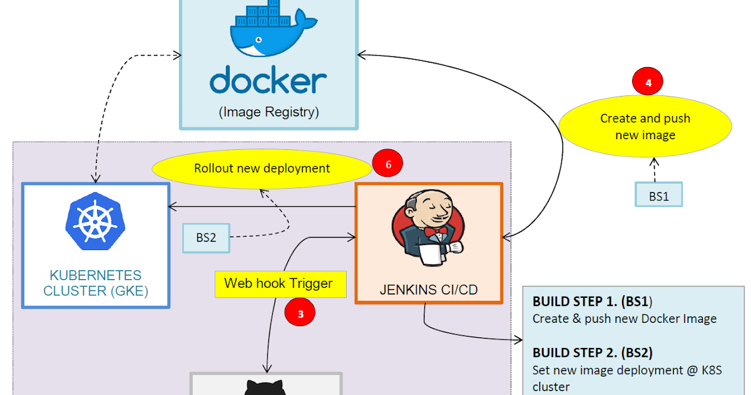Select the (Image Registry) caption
(x=268, y=112)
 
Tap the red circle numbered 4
(x=647, y=82)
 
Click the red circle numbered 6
(x=387, y=164)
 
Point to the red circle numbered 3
(x=300, y=314)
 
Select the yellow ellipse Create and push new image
(x=645, y=126)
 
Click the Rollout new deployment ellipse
(x=262, y=168)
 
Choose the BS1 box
(x=658, y=196)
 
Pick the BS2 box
(x=206, y=238)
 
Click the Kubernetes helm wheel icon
(x=95, y=220)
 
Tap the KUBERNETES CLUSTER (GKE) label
(x=96, y=283)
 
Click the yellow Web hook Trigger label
(x=278, y=283)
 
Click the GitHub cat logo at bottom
(x=266, y=387)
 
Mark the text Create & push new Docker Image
(x=624, y=319)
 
